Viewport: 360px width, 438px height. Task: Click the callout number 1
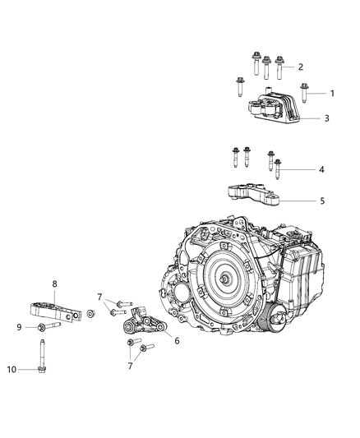pos(332,93)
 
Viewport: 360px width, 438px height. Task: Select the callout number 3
pos(326,118)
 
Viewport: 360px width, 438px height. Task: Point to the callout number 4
pos(322,169)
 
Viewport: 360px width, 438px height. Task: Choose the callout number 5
pos(322,200)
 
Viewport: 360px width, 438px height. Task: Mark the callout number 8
pos(55,284)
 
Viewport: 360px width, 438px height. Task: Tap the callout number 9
pos(19,328)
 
